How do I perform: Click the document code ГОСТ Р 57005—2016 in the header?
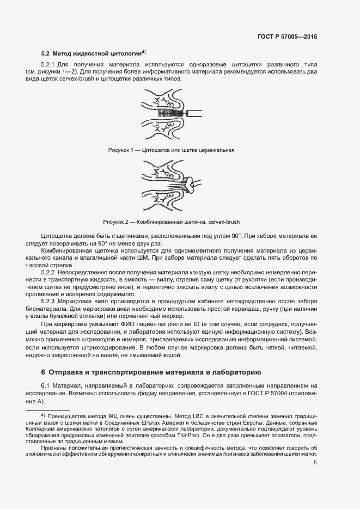[286, 37]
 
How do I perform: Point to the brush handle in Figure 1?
[194, 114]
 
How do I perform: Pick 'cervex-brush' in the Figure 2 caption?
[223, 222]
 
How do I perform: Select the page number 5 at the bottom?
[315, 463]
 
